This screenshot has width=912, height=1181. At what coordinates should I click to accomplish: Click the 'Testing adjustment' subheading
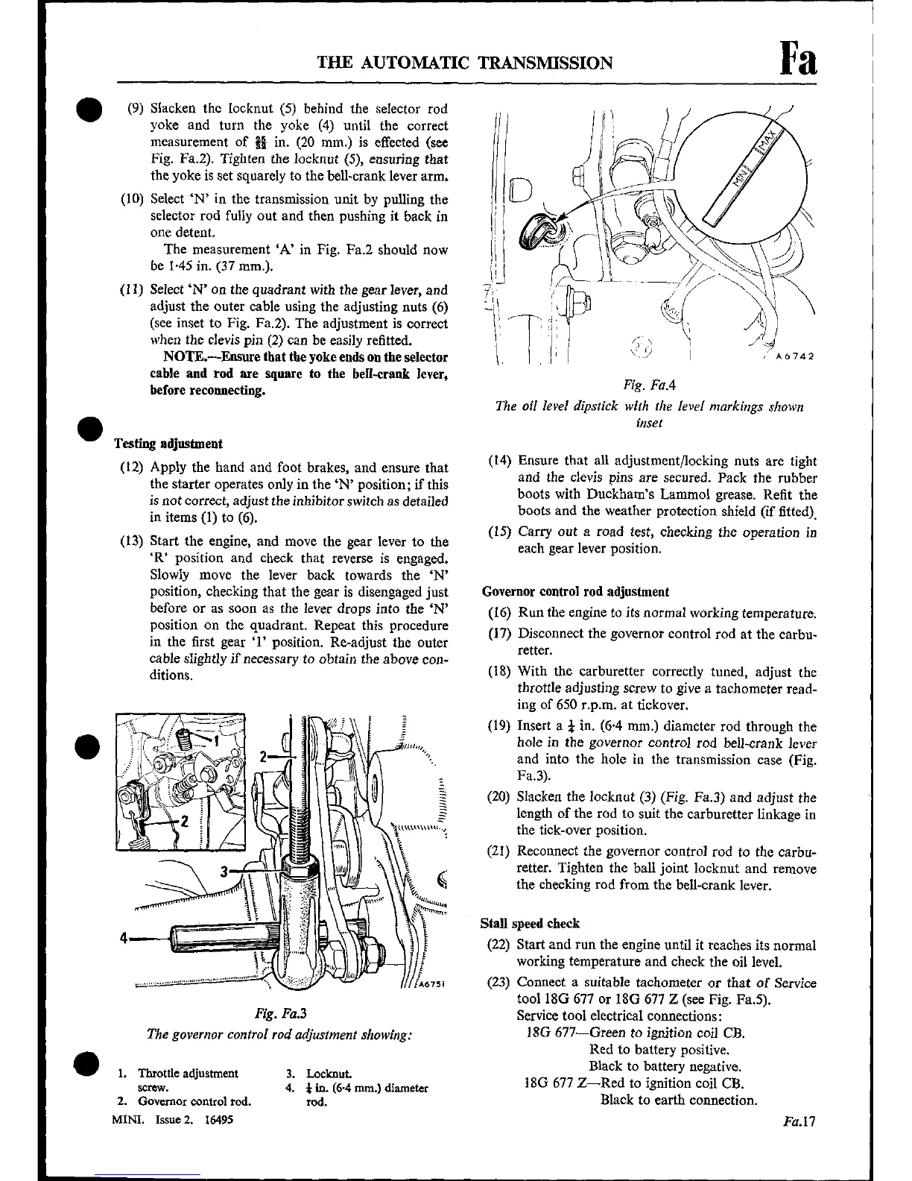(168, 444)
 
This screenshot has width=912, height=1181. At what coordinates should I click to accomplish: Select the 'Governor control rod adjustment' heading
(575, 592)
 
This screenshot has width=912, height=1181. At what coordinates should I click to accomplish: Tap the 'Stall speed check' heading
(530, 924)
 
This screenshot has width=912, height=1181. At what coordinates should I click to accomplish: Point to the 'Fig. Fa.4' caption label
(649, 385)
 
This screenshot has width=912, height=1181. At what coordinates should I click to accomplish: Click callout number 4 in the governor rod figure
(124, 938)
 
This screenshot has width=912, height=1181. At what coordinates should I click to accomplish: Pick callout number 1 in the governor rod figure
(217, 741)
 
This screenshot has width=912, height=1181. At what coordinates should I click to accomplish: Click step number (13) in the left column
(132, 542)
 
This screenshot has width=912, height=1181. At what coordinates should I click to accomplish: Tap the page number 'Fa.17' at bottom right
(800, 1121)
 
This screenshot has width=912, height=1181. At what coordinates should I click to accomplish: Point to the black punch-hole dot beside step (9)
(85, 109)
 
